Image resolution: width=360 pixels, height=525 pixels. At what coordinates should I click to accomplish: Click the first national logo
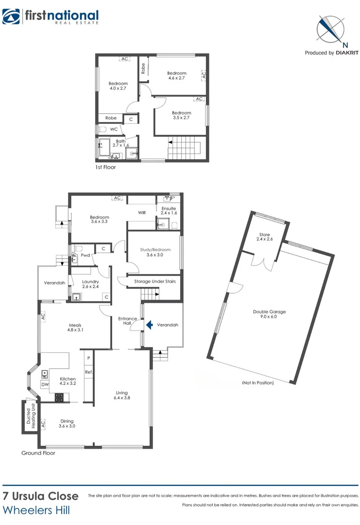coord(51,17)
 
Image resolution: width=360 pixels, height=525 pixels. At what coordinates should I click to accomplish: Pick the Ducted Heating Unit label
coord(30,417)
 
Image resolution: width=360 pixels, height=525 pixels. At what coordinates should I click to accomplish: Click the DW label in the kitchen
coord(45,384)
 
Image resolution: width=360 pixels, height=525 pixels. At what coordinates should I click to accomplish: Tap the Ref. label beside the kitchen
coord(88,372)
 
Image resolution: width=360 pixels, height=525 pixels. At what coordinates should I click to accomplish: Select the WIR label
coord(142,212)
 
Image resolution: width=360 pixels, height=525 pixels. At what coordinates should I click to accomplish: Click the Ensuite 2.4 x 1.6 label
coord(169,210)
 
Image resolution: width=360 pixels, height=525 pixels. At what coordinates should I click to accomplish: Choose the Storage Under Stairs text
coord(154,281)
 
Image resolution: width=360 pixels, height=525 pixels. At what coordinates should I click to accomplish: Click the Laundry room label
coord(90,284)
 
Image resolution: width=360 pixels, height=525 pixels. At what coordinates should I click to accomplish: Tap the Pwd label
coord(85,255)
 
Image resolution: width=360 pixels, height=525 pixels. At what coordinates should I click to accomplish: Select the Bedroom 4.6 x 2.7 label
coord(177,75)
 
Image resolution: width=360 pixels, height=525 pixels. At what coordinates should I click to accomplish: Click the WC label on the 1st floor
coord(114,129)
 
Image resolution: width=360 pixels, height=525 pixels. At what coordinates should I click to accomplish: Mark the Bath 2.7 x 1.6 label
coord(120,143)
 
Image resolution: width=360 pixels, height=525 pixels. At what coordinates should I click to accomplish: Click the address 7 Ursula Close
coord(40,496)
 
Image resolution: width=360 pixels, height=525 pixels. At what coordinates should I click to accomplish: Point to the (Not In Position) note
coord(257,383)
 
